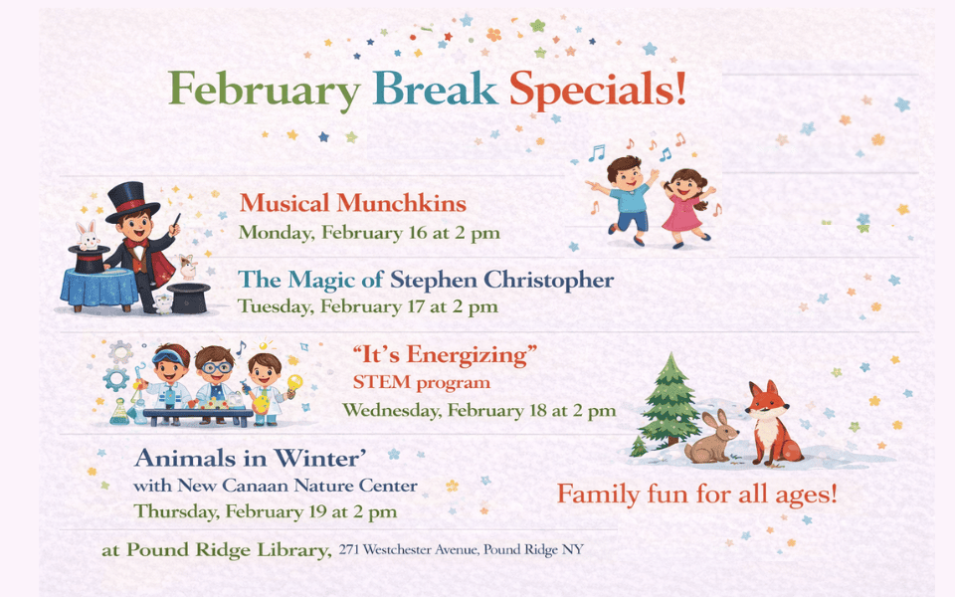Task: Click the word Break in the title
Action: point(435,91)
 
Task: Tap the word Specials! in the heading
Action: point(598,91)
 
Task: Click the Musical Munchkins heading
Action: point(353,204)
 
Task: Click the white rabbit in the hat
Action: point(88,237)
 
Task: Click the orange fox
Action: point(770,422)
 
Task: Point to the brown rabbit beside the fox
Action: point(712,439)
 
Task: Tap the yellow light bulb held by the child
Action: point(294,384)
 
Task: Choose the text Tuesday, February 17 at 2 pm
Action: point(367,307)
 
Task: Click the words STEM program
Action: point(422,382)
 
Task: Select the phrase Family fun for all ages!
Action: point(696,494)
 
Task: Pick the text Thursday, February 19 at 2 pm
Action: point(266,512)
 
